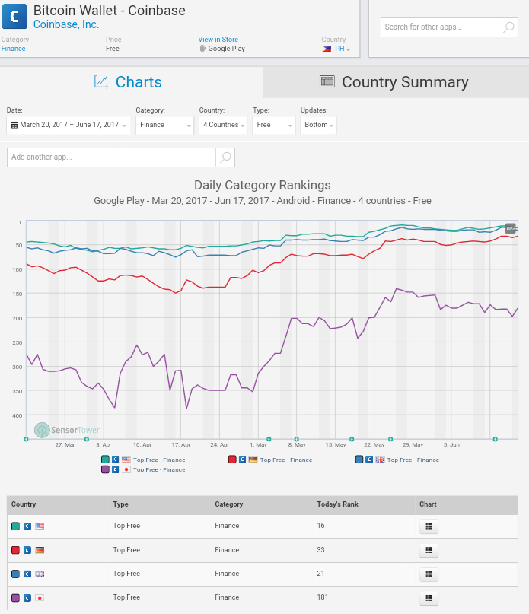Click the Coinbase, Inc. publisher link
pyautogui.click(x=66, y=24)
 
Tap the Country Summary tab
pyautogui.click(x=396, y=82)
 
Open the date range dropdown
pyautogui.click(x=69, y=125)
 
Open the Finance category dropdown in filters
pyautogui.click(x=164, y=125)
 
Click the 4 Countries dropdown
pyautogui.click(x=223, y=125)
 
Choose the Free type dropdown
pyautogui.click(x=273, y=125)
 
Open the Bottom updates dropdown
pyautogui.click(x=318, y=125)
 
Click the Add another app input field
pyautogui.click(x=111, y=157)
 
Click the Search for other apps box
pyautogui.click(x=440, y=27)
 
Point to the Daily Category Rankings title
pyautogui.click(x=262, y=185)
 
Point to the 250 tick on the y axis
pyautogui.click(x=18, y=342)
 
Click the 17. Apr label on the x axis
pyautogui.click(x=180, y=444)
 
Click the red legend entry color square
pyautogui.click(x=232, y=460)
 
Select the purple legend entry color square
pyautogui.click(x=105, y=469)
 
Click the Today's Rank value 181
pyautogui.click(x=323, y=597)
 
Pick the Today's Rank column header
pyautogui.click(x=337, y=504)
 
